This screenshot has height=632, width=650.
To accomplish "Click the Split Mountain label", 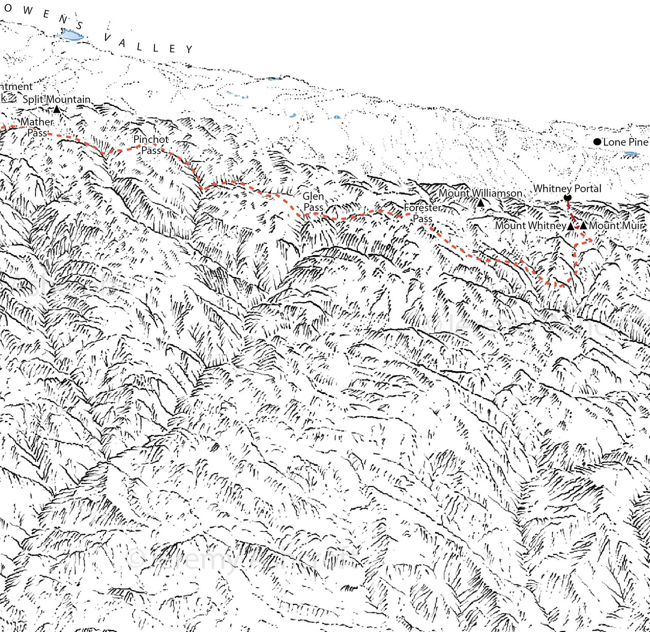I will (56, 99).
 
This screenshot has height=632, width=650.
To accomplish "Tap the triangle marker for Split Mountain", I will (57, 109).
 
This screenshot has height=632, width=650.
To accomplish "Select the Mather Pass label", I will (37, 127).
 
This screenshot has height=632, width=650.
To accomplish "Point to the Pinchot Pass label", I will (151, 145).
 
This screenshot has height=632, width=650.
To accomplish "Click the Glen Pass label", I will (313, 202).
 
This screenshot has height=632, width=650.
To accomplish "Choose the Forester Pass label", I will (422, 213).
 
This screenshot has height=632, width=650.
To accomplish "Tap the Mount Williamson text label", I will (480, 193).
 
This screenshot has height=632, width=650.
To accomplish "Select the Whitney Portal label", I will (567, 188).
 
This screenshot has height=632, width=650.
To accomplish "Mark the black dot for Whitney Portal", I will (567, 198).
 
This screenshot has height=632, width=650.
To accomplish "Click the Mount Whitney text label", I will (530, 226).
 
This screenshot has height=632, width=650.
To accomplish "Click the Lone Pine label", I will (625, 142).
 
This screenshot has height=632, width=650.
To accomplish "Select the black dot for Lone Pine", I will (597, 142).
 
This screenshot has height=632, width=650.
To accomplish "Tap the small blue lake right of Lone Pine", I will (631, 154).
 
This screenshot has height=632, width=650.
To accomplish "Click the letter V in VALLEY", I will (107, 38).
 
